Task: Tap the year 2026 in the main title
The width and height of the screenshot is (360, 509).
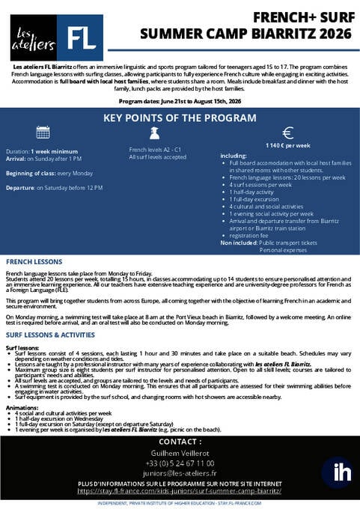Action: tap(331, 33)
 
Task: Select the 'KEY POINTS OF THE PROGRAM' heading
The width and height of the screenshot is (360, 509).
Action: tap(180, 118)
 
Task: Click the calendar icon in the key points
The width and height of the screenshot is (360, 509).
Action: tap(43, 133)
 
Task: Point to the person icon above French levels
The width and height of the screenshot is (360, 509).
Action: tap(154, 132)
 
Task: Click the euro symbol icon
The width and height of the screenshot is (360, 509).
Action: tap(287, 132)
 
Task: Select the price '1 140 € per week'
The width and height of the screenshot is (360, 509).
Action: tap(287, 145)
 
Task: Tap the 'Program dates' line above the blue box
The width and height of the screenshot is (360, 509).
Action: tap(179, 100)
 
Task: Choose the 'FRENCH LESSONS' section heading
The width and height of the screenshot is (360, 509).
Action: tap(34, 263)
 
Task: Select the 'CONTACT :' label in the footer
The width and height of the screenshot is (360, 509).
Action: tap(180, 442)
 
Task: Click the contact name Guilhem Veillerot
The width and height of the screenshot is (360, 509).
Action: tap(180, 455)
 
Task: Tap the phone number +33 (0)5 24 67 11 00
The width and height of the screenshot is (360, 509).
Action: tap(180, 465)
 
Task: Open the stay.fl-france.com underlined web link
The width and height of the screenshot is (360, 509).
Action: tap(180, 492)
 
